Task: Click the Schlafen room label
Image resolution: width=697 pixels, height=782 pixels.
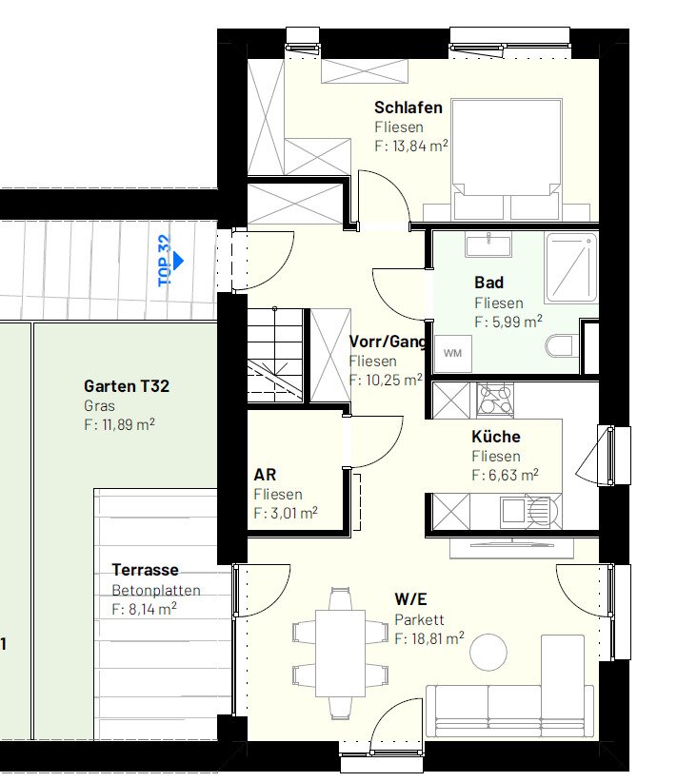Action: tap(408, 108)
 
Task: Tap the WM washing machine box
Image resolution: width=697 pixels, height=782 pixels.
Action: tap(453, 354)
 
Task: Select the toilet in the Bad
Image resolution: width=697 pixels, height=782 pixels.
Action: tap(559, 346)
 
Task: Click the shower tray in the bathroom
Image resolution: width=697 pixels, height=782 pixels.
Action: tap(571, 267)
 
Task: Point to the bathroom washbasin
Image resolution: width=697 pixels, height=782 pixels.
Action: tap(488, 245)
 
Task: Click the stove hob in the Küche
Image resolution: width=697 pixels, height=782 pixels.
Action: tap(495, 400)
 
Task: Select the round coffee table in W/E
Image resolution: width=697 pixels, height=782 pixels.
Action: tap(488, 652)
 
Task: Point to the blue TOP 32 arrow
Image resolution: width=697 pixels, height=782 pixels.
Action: tap(178, 261)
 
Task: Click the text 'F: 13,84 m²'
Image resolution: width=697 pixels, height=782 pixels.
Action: tap(411, 147)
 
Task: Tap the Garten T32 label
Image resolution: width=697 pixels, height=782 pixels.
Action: tap(127, 386)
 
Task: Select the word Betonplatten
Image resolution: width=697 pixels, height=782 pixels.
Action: tap(156, 590)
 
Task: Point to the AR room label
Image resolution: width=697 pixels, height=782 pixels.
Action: tap(265, 475)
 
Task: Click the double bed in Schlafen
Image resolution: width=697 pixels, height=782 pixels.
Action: tap(507, 160)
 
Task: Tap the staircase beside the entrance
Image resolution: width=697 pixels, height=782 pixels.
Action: tap(275, 355)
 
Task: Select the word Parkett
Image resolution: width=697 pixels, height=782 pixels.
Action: tap(419, 619)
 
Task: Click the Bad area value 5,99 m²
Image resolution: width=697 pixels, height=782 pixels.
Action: tap(517, 323)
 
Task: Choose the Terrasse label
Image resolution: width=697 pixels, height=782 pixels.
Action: tap(145, 570)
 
